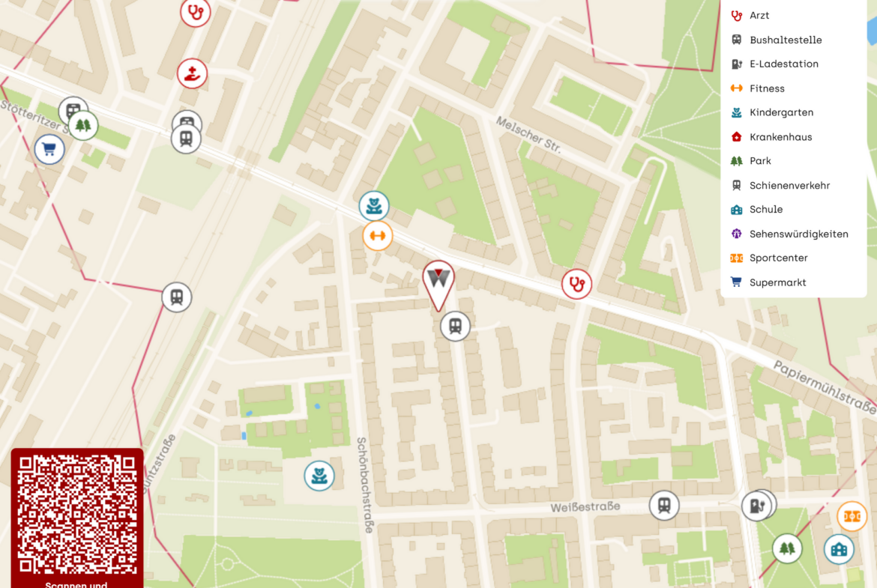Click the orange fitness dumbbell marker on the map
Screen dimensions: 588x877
378,236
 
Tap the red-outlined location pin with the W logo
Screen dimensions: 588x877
438,280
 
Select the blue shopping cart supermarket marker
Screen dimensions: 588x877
49,149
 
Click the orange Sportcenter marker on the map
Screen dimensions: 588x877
852,516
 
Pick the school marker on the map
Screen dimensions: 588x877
839,550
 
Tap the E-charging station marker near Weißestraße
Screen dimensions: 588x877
757,506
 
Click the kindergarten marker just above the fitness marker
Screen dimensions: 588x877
373,205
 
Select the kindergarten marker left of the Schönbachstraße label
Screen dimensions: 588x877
319,476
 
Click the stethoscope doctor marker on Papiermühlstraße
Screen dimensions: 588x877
576,284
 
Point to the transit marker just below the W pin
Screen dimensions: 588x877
455,326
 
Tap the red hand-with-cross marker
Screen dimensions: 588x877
193,73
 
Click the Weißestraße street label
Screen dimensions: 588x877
585,507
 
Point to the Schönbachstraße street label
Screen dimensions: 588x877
365,485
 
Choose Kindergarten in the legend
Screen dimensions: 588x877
781,112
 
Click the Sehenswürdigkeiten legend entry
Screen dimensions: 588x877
798,234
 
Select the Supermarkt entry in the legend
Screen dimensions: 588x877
777,282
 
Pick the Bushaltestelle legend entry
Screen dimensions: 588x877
785,40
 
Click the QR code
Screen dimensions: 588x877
76,513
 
